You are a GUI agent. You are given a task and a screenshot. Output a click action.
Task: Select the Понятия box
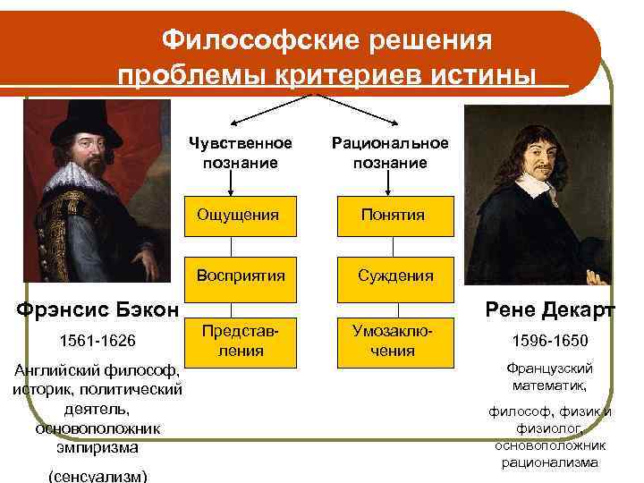coord(393,216)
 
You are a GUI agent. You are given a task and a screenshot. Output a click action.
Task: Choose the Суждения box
coord(393,275)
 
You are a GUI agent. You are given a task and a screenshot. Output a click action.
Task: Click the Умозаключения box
coord(393,342)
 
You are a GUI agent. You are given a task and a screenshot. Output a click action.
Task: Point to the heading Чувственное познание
coord(241,153)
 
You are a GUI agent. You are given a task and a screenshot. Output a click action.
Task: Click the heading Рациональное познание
coord(390,153)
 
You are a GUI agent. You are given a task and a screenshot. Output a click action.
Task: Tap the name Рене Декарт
coord(549,310)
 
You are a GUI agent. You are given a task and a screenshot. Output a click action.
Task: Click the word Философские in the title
coord(250,39)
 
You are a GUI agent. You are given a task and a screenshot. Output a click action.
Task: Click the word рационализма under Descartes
coord(549,462)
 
